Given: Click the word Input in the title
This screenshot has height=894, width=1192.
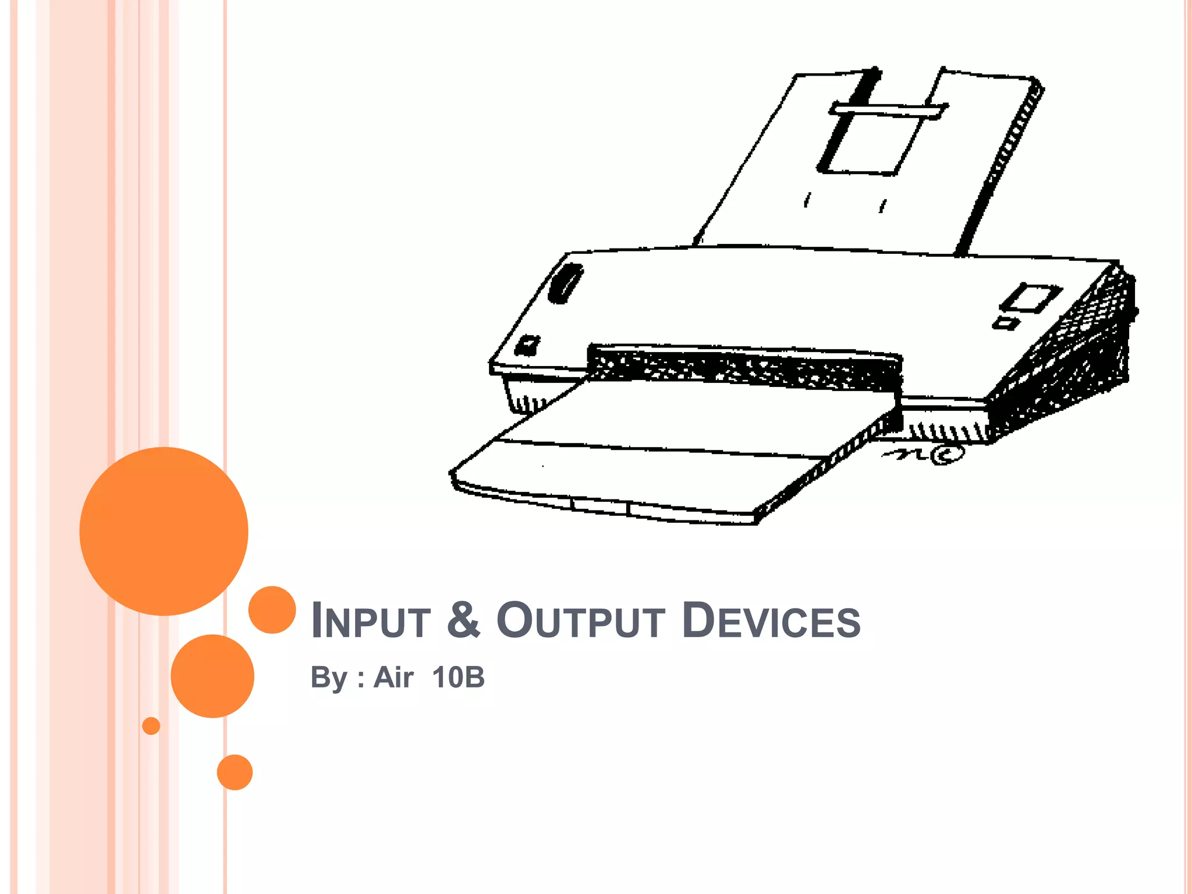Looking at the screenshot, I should [371, 620].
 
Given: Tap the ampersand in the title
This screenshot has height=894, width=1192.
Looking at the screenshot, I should [464, 619].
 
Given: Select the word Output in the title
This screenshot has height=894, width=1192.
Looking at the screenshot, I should [580, 620].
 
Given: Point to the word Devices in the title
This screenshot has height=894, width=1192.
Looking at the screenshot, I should [771, 620].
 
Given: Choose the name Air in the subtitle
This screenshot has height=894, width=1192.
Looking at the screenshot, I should [393, 677].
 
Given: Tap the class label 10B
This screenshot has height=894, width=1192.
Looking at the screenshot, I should [459, 677].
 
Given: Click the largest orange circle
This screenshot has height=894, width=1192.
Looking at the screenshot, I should [164, 531].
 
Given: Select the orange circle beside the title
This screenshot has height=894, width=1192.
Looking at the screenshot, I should [272, 609].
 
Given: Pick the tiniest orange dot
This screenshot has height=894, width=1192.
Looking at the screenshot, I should [151, 726].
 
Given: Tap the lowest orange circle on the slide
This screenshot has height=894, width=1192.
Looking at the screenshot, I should [235, 772].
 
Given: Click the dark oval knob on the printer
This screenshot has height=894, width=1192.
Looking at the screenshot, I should [566, 283].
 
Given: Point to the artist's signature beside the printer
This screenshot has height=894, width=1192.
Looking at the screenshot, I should [925, 454].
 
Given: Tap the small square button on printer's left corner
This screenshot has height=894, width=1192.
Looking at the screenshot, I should [528, 345].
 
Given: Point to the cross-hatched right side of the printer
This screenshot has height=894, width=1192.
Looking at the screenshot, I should [1065, 355].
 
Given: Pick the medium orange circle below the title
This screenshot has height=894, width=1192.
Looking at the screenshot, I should [212, 676].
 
